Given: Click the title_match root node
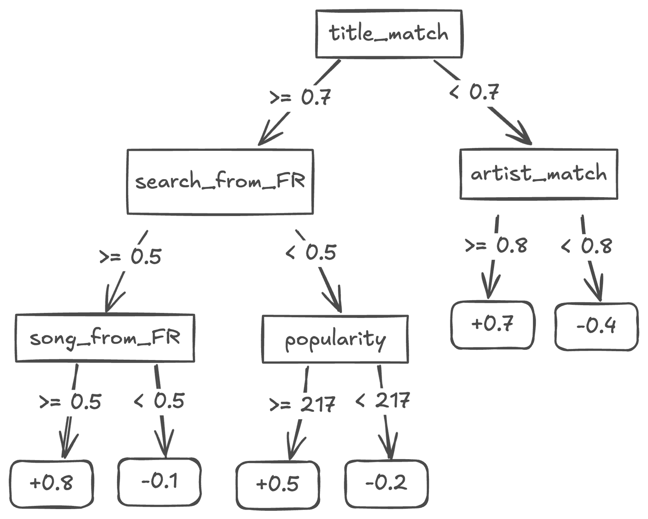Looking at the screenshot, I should point(389,34).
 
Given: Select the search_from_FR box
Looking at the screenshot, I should point(220,181).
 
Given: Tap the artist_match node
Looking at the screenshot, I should point(539,174).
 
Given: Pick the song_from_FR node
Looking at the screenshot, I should point(105,338).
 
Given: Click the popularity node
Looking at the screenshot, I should point(335,339).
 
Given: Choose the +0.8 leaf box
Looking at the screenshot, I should point(52,483).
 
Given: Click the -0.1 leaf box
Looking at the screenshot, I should point(159,482).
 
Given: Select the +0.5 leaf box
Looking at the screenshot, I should point(278,485).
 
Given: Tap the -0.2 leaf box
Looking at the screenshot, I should point(387,483).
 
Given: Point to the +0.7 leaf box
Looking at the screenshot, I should point(492,325).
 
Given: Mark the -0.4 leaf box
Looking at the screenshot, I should point(596,326).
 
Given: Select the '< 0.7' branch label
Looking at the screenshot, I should point(474,93).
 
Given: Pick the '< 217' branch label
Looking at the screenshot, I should point(382,401).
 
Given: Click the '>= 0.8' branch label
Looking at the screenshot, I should point(496,246).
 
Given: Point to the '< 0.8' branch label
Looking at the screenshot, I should point(587,246).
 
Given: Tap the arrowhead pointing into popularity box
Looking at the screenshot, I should point(335,302).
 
